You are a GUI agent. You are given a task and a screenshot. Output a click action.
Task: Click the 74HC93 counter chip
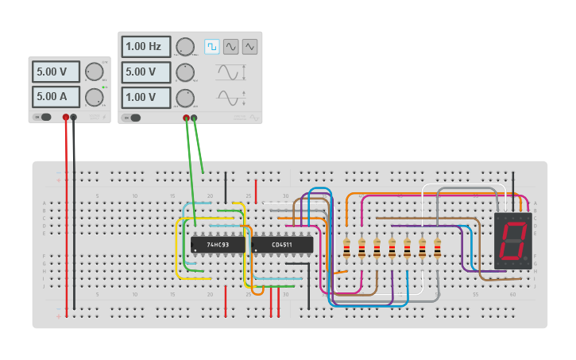click(218, 245)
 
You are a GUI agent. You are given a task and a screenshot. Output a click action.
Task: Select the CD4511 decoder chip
click(282, 245)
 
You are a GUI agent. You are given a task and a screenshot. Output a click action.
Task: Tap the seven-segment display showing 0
click(513, 240)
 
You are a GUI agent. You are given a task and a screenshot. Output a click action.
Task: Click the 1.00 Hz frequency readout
click(146, 47)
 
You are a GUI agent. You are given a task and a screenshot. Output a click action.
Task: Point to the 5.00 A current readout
click(56, 97)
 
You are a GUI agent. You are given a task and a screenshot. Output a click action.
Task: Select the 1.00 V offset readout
click(146, 98)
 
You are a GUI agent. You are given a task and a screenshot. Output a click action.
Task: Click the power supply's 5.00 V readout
click(56, 72)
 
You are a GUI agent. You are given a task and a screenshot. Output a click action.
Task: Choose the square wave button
click(212, 47)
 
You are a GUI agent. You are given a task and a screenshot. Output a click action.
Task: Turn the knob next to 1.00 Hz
click(185, 47)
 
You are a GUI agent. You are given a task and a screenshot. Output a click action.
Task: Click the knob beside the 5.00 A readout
click(94, 98)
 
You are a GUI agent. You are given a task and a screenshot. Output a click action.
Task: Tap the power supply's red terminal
click(66, 118)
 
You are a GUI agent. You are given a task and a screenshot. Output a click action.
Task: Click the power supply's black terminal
click(74, 118)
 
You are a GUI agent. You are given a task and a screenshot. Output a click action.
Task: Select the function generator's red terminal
click(187, 118)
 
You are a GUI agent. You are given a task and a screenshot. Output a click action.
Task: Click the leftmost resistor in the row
click(346, 248)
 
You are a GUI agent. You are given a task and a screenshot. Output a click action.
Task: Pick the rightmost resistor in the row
click(437, 248)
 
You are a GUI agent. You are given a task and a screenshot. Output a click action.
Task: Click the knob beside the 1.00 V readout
click(185, 98)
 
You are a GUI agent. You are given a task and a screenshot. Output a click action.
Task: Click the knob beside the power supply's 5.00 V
click(94, 72)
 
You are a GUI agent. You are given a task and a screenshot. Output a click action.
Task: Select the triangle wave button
click(250, 47)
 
